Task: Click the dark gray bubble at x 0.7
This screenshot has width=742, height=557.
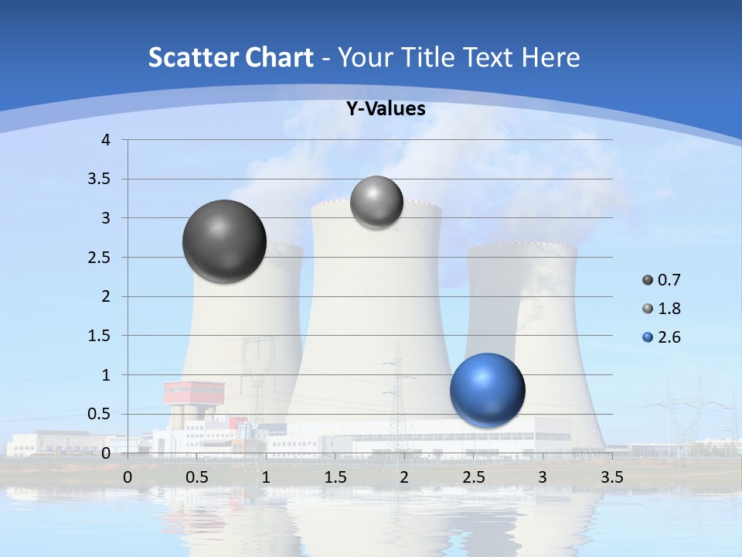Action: click(224, 241)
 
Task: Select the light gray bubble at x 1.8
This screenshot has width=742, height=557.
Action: click(376, 202)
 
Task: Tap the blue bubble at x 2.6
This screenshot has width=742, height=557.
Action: click(487, 390)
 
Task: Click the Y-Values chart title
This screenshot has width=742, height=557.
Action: click(385, 109)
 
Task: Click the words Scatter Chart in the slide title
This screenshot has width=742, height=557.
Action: click(230, 57)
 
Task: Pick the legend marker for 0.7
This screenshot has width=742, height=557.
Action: click(648, 280)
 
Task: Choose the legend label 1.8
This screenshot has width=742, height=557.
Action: click(669, 309)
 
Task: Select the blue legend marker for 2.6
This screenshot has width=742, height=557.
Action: click(648, 337)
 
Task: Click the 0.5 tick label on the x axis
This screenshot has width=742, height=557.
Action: click(197, 477)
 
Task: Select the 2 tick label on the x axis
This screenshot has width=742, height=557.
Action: click(404, 477)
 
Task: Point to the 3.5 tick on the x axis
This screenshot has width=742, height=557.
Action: click(611, 477)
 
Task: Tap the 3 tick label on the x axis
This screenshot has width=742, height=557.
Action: click(543, 477)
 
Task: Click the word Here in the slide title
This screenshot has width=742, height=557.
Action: click(550, 57)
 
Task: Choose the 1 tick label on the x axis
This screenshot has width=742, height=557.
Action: click(266, 477)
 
